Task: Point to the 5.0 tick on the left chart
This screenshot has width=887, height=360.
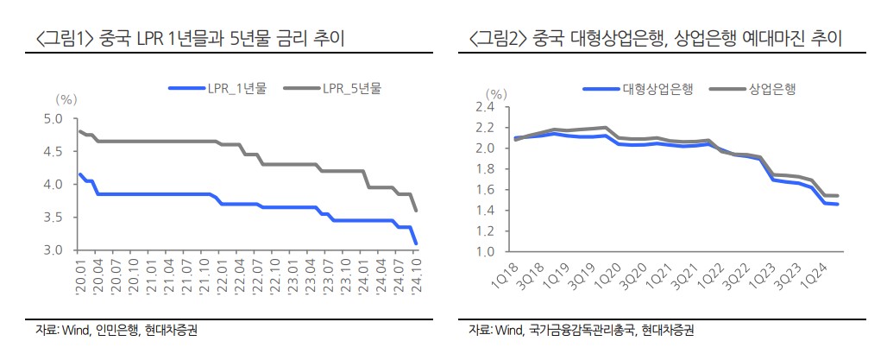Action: [x=53, y=119]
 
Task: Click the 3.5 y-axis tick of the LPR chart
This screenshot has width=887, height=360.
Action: [x=53, y=218]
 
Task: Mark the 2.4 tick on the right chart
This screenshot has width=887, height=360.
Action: [x=483, y=107]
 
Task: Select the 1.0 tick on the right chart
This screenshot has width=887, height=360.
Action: [x=483, y=252]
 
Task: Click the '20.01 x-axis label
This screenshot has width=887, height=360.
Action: [x=79, y=279]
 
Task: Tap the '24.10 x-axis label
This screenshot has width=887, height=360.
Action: [x=418, y=279]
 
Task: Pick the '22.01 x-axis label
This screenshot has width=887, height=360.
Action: [x=222, y=279]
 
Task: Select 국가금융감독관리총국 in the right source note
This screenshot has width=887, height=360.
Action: [x=577, y=330]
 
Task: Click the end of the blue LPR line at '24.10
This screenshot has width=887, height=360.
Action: [x=417, y=243]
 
